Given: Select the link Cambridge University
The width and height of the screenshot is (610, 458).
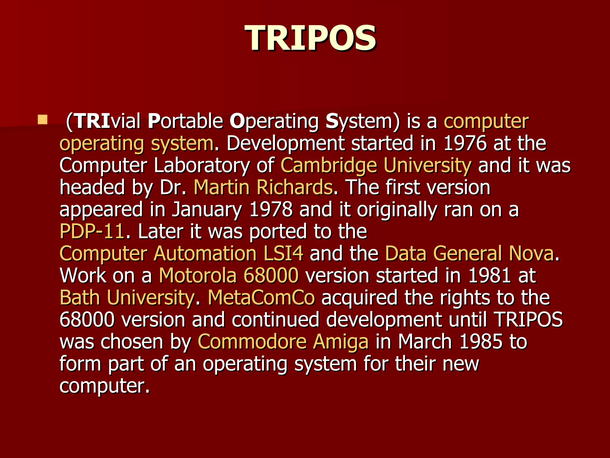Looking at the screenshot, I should [x=376, y=165].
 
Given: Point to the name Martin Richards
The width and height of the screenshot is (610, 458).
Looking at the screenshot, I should [x=263, y=188].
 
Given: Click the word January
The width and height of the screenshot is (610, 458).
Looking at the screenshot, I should [x=207, y=210].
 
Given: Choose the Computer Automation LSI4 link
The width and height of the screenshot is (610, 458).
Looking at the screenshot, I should [x=181, y=254].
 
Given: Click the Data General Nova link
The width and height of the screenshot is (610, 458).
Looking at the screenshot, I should [x=469, y=254].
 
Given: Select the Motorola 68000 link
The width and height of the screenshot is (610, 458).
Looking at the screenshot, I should [x=228, y=276].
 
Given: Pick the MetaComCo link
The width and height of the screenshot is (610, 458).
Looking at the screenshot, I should [x=261, y=298].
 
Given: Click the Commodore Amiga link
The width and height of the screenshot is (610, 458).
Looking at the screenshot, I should [x=283, y=342].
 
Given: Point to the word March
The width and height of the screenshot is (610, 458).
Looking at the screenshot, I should [x=425, y=342].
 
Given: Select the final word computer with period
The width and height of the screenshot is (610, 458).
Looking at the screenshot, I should [x=104, y=386].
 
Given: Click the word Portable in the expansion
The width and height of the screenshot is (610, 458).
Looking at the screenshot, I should [x=186, y=121].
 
